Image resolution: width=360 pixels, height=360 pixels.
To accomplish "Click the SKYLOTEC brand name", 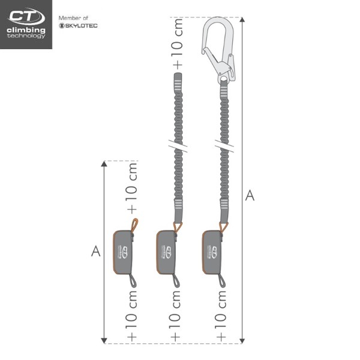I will pyautogui.click(x=78, y=26).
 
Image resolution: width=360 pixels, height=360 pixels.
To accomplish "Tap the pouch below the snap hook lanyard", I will pyautogui.click(x=215, y=252).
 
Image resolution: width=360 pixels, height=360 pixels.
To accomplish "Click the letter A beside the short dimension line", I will pyautogui.click(x=95, y=251).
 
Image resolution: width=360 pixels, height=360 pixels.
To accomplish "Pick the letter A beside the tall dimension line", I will pyautogui.click(x=251, y=195).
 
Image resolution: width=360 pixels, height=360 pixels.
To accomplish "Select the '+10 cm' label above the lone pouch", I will pyautogui.click(x=132, y=189).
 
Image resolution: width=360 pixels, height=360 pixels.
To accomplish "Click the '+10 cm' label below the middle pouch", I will pyautogui.click(x=176, y=314).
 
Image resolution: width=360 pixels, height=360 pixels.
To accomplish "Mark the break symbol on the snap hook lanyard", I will pyautogui.click(x=223, y=147).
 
